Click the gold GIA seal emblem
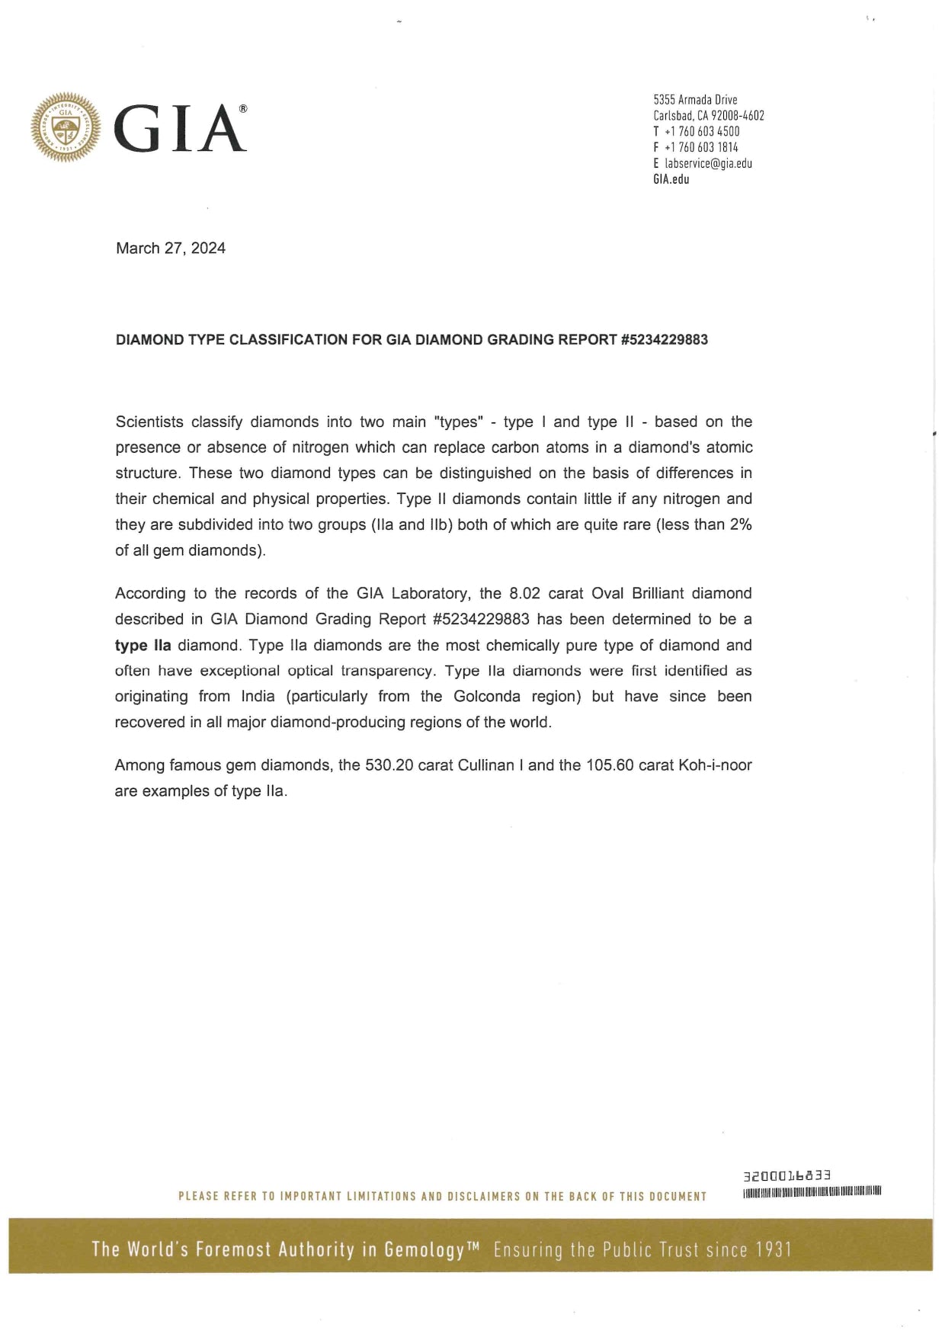coord(65,127)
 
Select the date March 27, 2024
coord(171,248)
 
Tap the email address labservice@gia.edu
coord(708,163)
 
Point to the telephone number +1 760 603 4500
coord(701,131)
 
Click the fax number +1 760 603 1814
coord(701,147)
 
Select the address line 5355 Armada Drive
coord(695,100)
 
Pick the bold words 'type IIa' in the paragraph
coord(143,646)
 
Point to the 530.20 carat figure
coord(389,765)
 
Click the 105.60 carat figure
coord(610,765)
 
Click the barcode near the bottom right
coord(812,1191)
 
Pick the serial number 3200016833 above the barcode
coord(786,1176)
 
